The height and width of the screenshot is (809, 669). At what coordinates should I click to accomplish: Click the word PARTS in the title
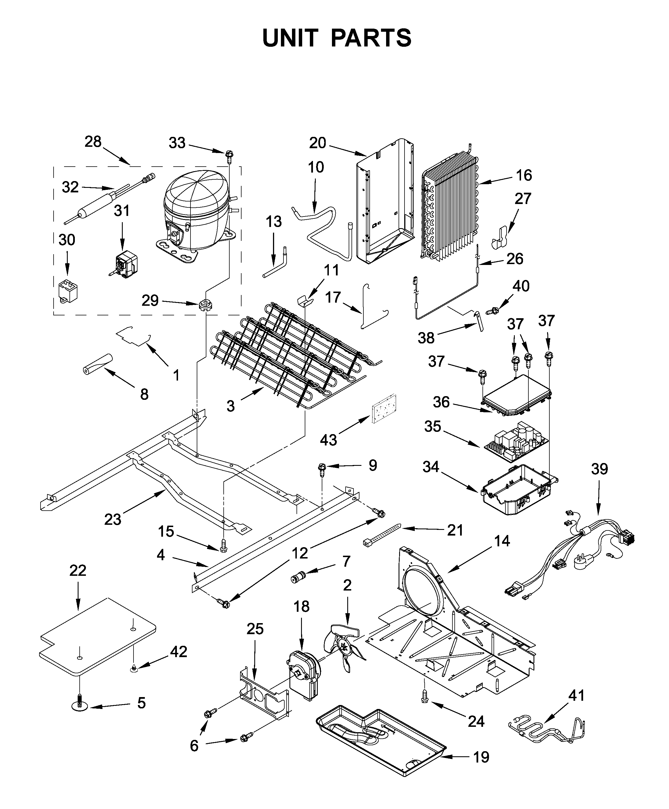coord(371,38)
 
